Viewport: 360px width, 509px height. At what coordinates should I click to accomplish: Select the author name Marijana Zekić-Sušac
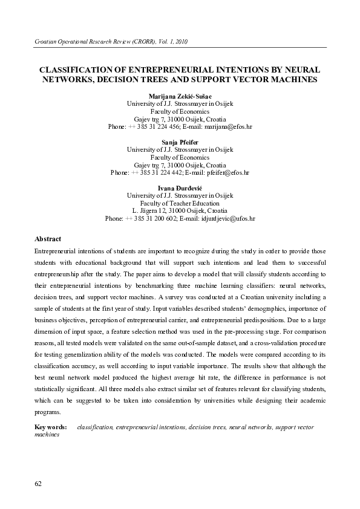[x=180, y=96]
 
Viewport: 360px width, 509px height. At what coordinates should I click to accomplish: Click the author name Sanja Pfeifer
[x=180, y=141]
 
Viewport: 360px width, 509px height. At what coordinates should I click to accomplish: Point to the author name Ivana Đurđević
[x=180, y=188]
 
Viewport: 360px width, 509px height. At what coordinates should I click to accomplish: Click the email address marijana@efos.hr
[x=227, y=127]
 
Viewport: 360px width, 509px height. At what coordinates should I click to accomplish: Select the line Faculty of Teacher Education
[x=180, y=203]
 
